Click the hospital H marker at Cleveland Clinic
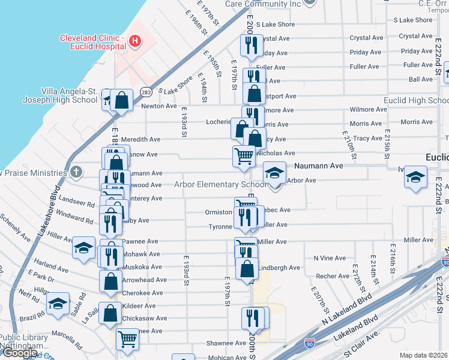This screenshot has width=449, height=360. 136,41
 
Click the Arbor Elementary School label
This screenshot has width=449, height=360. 220,185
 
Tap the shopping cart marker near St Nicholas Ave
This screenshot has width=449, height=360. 244,155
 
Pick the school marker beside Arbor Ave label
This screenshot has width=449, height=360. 274,173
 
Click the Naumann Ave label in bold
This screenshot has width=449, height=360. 318,165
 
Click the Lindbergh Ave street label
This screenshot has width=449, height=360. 280,268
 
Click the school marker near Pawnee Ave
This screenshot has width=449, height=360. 83,247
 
